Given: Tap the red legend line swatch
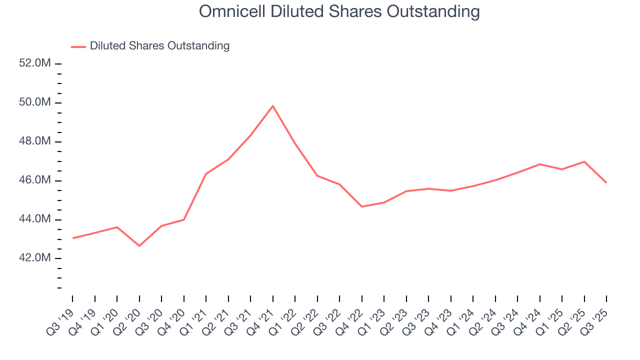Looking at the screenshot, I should point(78,46).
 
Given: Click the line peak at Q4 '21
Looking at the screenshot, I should point(272,105).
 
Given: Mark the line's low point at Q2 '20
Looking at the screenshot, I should point(139,246).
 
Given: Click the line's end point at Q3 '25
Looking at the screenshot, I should point(606,182).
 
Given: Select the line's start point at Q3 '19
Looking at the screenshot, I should point(72,238).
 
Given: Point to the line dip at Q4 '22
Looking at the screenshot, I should point(361,206).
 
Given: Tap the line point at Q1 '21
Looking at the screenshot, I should point(206,173).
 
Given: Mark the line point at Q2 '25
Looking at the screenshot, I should point(584,161).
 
